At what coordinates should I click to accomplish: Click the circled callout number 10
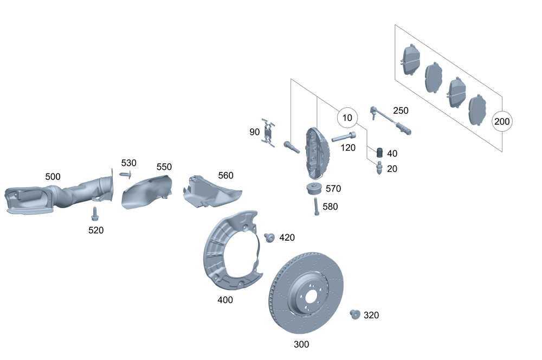(x=347, y=117)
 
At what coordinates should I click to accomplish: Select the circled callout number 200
(x=502, y=121)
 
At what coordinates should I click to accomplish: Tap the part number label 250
(x=401, y=111)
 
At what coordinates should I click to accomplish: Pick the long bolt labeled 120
(x=345, y=136)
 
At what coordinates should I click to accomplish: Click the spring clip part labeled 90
(x=269, y=132)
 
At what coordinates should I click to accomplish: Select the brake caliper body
(x=314, y=153)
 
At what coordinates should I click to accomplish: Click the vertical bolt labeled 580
(x=315, y=207)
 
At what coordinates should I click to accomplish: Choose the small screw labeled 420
(x=268, y=237)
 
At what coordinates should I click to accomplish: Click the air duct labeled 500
(x=54, y=198)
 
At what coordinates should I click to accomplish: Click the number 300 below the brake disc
(x=301, y=344)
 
